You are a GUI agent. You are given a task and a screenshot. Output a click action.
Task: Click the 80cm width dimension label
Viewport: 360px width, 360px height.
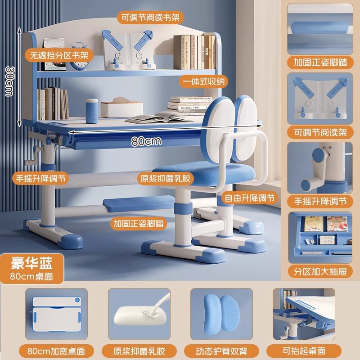[x=146, y=140]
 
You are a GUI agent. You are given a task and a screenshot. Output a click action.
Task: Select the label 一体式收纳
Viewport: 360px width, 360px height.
[x=202, y=81]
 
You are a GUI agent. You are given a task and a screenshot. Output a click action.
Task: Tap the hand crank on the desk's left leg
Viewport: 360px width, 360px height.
[x=32, y=158]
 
